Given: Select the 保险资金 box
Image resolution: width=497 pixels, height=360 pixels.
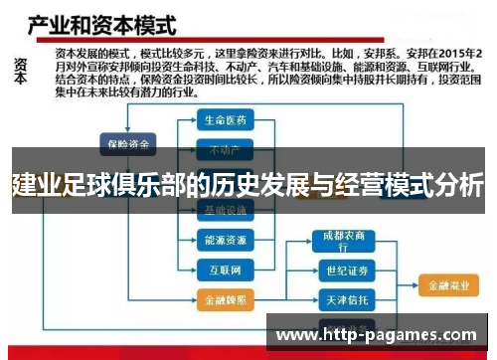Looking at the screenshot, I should coord(126,144).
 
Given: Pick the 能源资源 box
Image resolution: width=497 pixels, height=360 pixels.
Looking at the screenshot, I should coord(225,240).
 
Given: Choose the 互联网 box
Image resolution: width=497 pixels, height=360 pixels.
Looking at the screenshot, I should coord(225,269).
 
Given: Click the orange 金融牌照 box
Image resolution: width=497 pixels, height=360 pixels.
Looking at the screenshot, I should coord(225,299).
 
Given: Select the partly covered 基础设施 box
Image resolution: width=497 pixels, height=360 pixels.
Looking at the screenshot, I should coord(225,211).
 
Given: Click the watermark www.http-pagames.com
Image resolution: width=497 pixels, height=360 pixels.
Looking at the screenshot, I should coord(384,337).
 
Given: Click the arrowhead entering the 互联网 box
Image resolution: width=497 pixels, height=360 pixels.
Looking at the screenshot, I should coord(194,269).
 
